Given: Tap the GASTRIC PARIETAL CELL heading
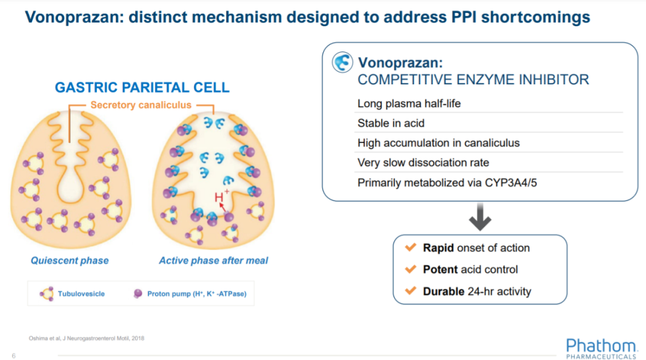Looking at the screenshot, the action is click(x=142, y=87).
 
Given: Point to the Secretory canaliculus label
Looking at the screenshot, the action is click(x=141, y=105).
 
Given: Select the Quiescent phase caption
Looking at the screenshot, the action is click(x=69, y=260).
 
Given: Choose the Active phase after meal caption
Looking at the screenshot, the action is click(x=214, y=260).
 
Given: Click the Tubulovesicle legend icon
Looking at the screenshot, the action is click(x=47, y=294).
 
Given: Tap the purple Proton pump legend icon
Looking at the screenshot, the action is click(x=138, y=293).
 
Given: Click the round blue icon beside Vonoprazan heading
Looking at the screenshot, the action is click(x=342, y=62).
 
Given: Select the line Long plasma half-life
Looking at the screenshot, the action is click(x=409, y=103).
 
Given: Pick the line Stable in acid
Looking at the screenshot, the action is click(x=391, y=123).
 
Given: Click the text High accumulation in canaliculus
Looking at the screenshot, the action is click(x=439, y=143).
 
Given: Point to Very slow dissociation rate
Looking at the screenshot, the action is click(x=423, y=163).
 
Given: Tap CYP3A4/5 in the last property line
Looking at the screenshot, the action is click(x=511, y=182).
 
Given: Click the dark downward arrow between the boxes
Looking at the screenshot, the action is click(x=480, y=216).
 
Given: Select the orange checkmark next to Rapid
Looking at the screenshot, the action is click(x=411, y=247).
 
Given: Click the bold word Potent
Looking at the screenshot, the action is click(x=440, y=269).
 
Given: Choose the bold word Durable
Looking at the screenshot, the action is click(x=444, y=291).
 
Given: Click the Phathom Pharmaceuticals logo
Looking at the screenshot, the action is click(x=602, y=349).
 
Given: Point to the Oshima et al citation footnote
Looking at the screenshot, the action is click(x=87, y=338).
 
